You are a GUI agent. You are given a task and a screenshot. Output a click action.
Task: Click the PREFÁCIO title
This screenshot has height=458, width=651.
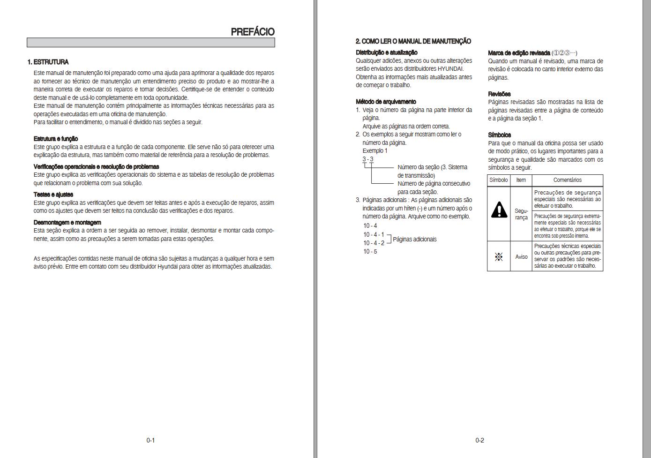[252, 32]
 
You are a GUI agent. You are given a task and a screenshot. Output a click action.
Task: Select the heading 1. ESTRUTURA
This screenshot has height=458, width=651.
[48, 62]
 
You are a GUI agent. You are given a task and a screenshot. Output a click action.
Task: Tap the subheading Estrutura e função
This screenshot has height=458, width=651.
[56, 139]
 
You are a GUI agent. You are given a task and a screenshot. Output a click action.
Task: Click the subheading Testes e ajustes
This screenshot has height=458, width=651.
[53, 195]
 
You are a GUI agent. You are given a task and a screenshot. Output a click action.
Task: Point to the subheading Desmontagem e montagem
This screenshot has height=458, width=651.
[67, 223]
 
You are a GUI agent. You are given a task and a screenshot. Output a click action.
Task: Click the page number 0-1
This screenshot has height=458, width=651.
[150, 440]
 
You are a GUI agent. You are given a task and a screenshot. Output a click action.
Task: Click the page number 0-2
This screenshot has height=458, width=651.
[479, 440]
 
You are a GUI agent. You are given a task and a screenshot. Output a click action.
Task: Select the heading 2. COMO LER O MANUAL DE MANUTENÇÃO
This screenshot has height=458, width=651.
[413, 41]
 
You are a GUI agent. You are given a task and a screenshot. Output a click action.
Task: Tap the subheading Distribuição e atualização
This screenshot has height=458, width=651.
[386, 53]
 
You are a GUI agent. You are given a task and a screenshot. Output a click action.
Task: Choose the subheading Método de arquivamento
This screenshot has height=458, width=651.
[386, 102]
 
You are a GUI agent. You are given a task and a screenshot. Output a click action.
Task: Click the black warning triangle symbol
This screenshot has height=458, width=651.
[499, 210]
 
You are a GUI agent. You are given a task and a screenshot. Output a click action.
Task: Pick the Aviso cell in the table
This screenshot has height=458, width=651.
[521, 257]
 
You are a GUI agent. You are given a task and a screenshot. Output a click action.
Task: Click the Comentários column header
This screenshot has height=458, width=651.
[567, 180]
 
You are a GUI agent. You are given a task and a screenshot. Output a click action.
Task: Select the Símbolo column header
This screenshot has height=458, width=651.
[498, 180]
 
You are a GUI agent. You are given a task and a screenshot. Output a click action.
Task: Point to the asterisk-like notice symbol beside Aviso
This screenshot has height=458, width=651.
[499, 257]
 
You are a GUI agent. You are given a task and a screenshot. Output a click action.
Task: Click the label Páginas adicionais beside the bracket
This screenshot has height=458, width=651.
[414, 240]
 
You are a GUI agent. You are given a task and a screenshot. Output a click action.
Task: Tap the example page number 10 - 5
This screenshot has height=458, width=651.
[370, 252]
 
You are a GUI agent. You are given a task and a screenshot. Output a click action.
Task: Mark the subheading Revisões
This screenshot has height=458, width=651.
[499, 94]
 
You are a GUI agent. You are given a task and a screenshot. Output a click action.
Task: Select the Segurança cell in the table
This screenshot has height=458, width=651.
[521, 214]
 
